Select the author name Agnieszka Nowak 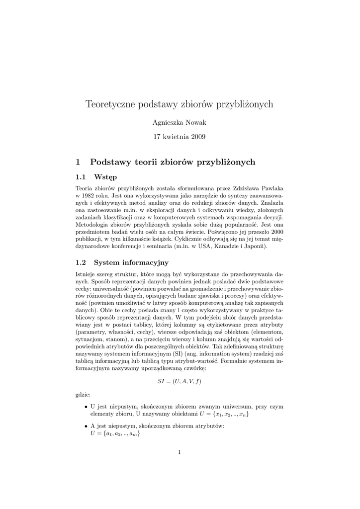pos(180,122)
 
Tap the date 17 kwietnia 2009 pos(180,136)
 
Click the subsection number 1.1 pos(81,177)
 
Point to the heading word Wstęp pos(105,177)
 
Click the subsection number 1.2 pos(81,262)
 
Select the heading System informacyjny pos(131,262)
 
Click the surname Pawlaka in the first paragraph pos(269,189)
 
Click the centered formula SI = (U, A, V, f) pos(180,381)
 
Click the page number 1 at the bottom pos(180,452)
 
